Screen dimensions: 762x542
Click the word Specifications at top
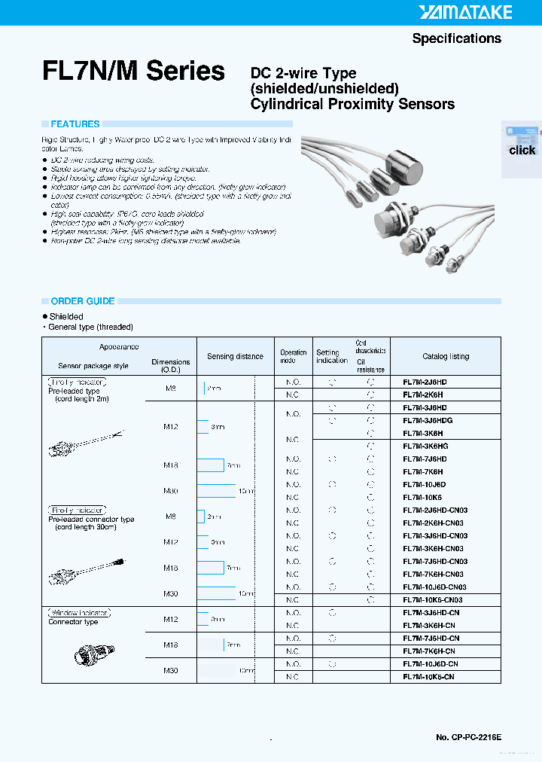(x=456, y=38)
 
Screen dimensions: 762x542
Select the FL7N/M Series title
(x=134, y=72)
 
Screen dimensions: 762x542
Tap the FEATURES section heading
(x=75, y=124)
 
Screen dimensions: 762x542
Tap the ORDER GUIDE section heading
(x=83, y=301)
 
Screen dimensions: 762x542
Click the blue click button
(x=522, y=150)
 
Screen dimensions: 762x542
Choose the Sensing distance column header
(x=235, y=356)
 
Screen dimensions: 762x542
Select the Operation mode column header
(x=294, y=356)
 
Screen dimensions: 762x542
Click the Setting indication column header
(x=332, y=356)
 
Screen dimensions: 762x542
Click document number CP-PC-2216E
(x=468, y=736)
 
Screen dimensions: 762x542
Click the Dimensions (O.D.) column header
(x=171, y=366)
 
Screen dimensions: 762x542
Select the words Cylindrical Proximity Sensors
(x=352, y=105)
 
